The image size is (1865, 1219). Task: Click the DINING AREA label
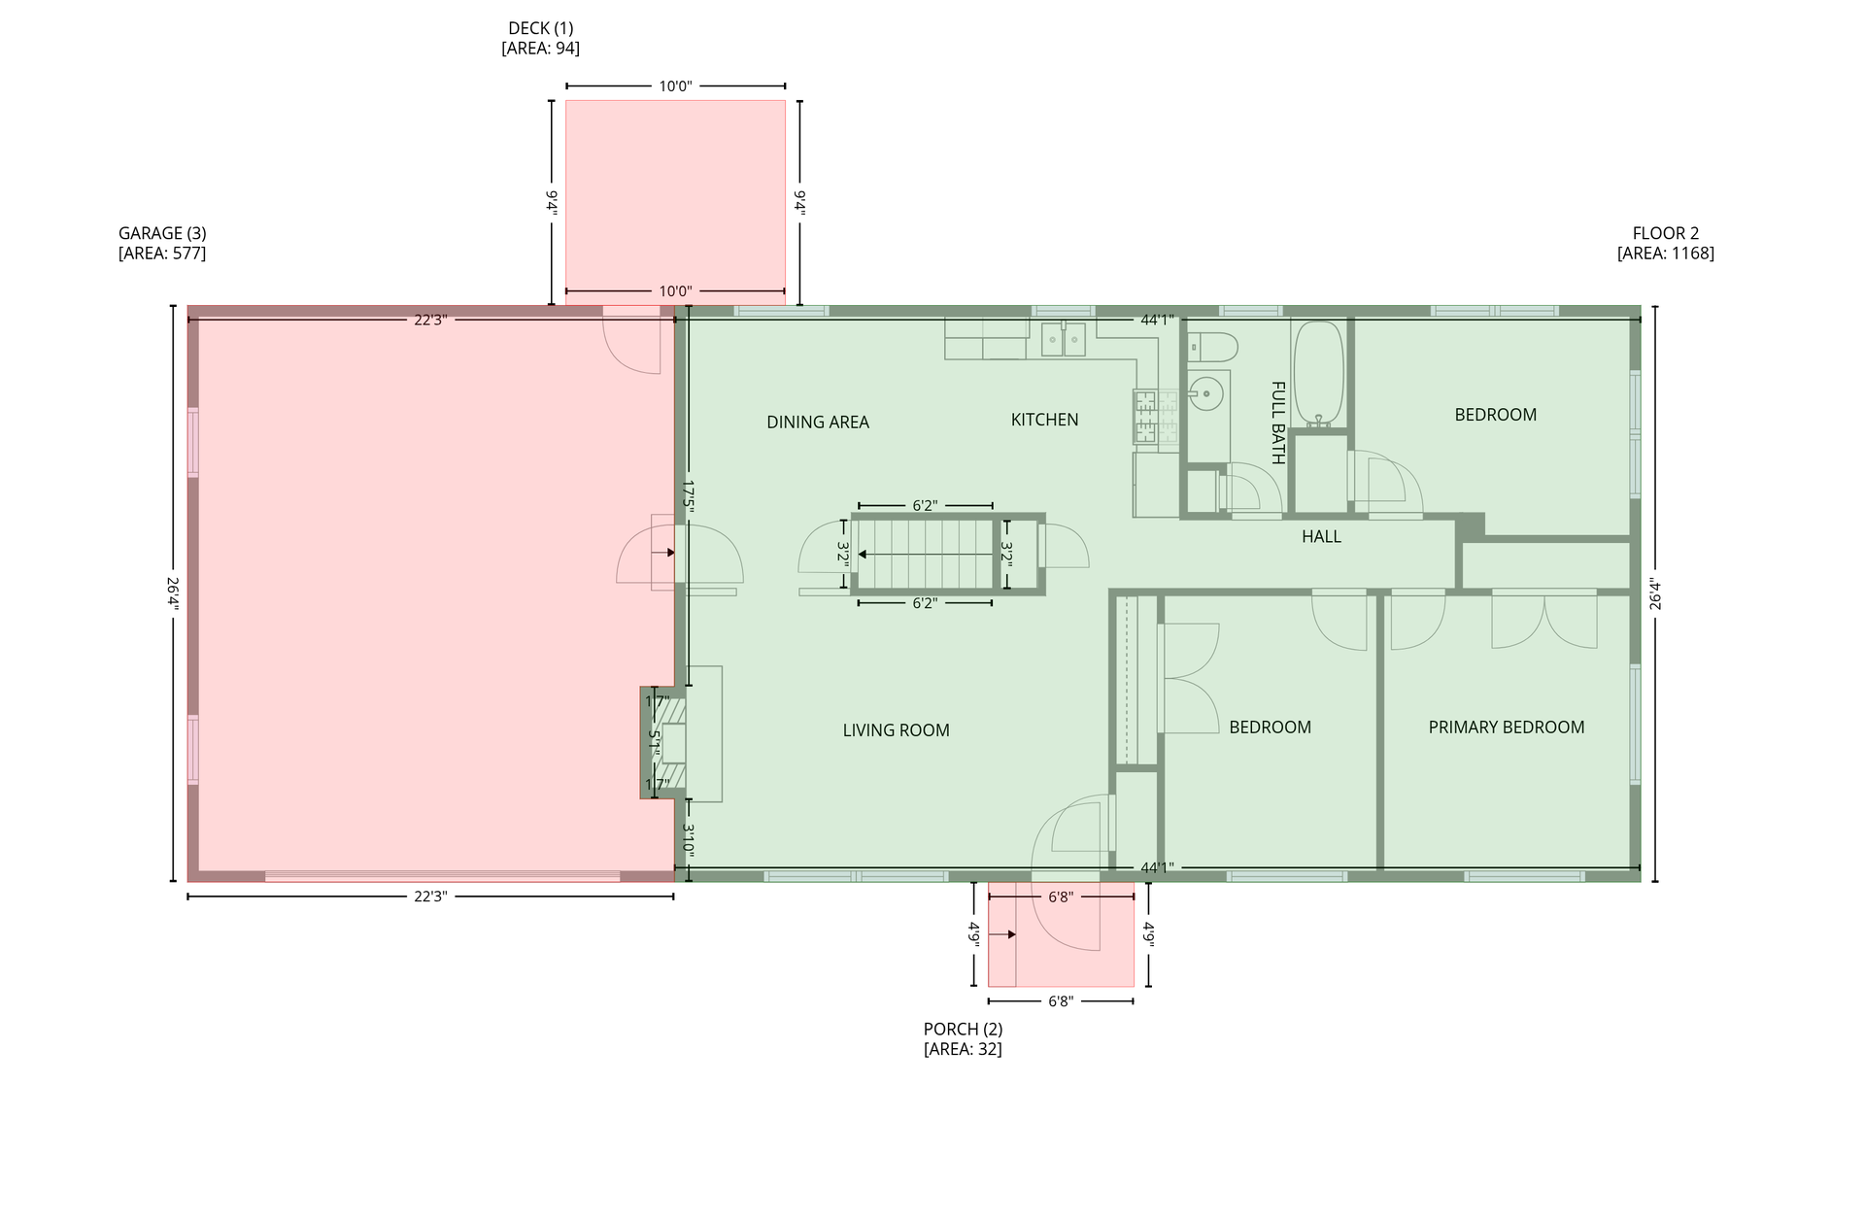click(x=818, y=423)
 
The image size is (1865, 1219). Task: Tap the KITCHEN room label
click(x=1044, y=420)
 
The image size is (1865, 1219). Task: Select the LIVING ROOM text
click(x=896, y=730)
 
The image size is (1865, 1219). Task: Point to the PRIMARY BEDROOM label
click(x=1506, y=728)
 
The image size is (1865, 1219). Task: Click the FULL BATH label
click(x=1278, y=423)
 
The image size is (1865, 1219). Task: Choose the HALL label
click(x=1321, y=536)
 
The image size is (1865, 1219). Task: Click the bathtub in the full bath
click(x=1318, y=374)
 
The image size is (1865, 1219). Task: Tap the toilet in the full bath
click(x=1212, y=347)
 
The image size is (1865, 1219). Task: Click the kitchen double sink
click(x=1064, y=340)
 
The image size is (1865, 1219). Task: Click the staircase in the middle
click(x=925, y=555)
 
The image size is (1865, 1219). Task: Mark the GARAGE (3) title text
click(x=162, y=233)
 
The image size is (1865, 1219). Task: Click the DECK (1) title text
click(x=541, y=28)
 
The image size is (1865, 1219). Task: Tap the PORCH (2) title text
click(x=963, y=1029)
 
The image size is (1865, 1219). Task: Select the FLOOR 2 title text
click(x=1666, y=233)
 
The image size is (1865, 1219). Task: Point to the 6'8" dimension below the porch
click(x=1061, y=1000)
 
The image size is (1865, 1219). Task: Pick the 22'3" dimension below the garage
click(x=429, y=897)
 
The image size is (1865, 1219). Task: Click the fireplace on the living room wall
click(x=665, y=743)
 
